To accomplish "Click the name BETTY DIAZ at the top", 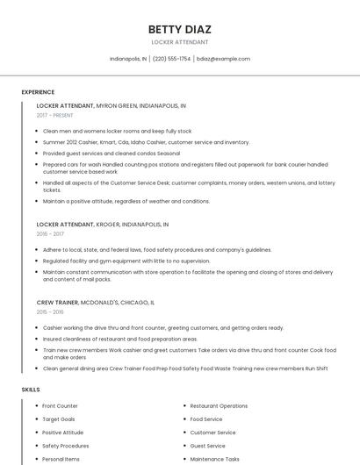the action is pos(180,29).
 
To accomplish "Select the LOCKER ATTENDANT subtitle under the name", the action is pos(180,42).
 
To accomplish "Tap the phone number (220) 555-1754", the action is pos(171,59).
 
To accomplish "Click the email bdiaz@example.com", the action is pos(223,59).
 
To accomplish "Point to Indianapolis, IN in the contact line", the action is pos(128,59).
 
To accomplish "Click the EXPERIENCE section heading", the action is pos(38,92).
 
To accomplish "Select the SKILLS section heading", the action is pos(31,389).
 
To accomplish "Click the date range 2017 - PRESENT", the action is pos(54,115).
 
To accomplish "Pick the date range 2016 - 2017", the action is pos(50,234).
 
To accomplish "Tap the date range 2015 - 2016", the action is pos(50,311).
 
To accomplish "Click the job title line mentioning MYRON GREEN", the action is pos(111,105).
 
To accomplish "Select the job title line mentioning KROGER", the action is pos(103,225).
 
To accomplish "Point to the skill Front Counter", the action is pos(60,406).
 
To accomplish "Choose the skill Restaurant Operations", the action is pos(219,406).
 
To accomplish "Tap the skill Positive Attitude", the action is pos(62,433).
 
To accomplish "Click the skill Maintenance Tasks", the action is pos(214,459).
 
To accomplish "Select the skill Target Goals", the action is pos(58,419).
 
